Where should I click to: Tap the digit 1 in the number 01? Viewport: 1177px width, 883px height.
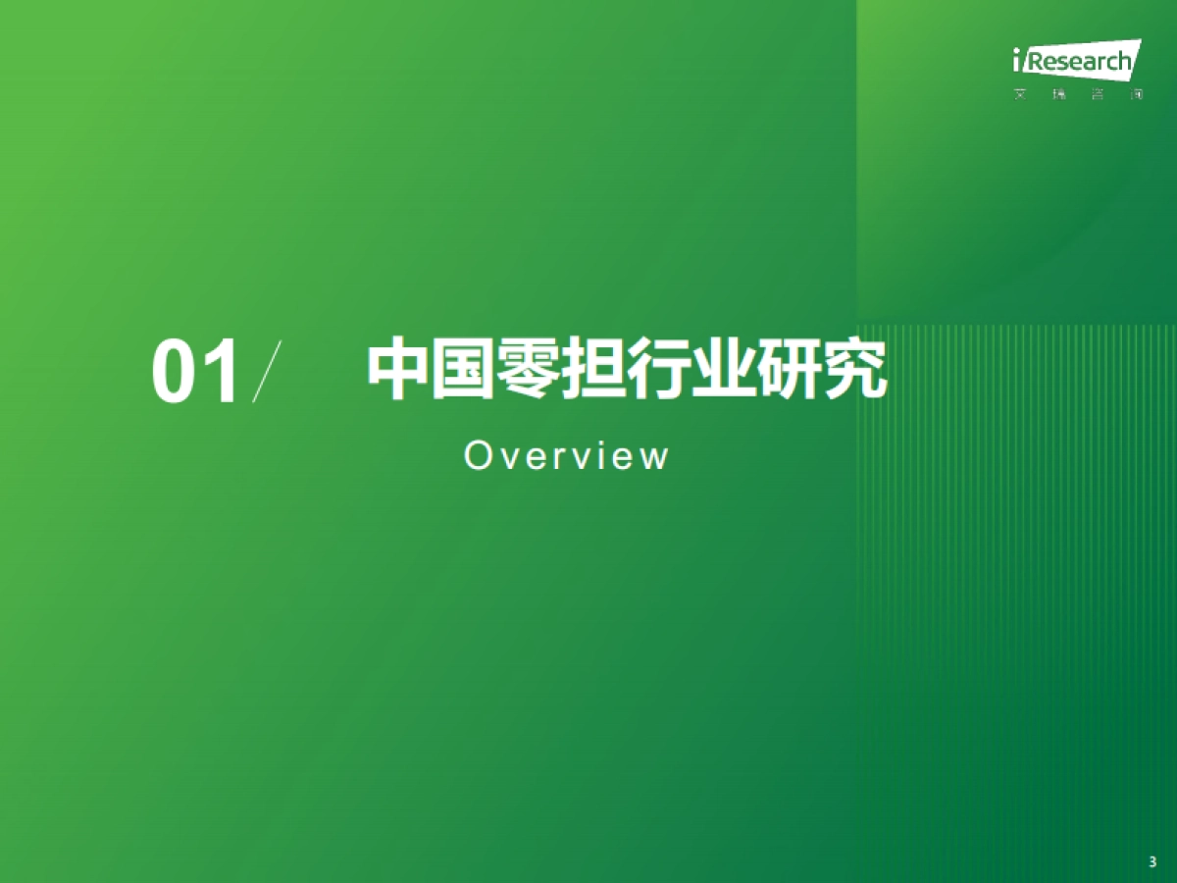(x=222, y=373)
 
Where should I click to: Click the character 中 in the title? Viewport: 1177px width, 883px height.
(x=398, y=370)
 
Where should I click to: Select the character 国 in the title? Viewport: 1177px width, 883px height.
(x=463, y=370)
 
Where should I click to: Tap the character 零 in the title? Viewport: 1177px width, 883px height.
(x=528, y=370)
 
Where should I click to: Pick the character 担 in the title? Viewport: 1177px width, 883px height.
(x=592, y=370)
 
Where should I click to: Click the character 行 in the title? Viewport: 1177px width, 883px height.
(x=657, y=370)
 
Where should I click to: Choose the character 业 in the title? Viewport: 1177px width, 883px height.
(x=723, y=370)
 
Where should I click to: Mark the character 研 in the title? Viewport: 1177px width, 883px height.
(x=789, y=370)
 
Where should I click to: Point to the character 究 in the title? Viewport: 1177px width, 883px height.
(x=853, y=370)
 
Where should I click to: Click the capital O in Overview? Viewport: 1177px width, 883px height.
(x=477, y=456)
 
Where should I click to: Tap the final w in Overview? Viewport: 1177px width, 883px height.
(x=655, y=457)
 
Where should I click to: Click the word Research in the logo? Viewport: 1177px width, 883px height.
(x=1079, y=64)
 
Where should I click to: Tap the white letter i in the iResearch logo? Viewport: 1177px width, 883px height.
(x=1019, y=63)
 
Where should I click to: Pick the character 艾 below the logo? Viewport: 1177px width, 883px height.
(x=1020, y=96)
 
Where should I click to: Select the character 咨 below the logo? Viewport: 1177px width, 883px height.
(x=1098, y=96)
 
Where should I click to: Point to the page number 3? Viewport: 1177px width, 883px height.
(x=1152, y=862)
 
